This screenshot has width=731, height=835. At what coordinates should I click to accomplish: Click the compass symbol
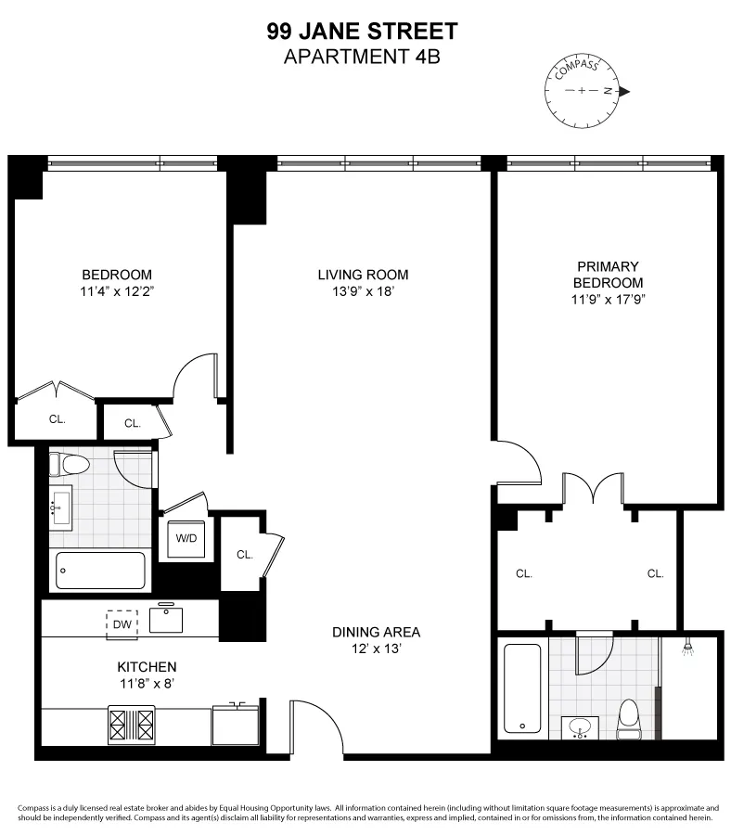coord(582,91)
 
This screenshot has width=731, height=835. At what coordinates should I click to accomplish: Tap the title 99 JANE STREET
coord(362,31)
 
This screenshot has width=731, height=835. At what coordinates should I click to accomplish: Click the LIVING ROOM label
coord(363,275)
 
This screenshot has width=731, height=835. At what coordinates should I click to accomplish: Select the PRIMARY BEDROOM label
coord(608,275)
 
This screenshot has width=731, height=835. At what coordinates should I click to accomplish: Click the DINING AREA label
coord(376,632)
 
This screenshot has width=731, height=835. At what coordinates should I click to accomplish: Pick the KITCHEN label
coord(147,666)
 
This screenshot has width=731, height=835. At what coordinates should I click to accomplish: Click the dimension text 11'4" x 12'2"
coord(117,291)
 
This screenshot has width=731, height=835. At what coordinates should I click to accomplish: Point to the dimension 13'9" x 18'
coord(363,291)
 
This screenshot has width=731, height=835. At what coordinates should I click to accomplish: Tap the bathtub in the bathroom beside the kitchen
coord(100,571)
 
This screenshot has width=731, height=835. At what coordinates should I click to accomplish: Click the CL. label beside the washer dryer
coord(244,555)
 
